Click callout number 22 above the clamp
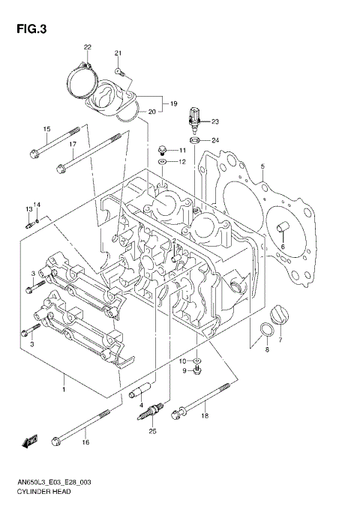coord(87,48)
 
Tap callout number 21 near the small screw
coord(118,52)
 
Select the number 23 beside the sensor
coord(214,121)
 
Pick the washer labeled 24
coord(194,140)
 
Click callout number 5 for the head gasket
coord(262,166)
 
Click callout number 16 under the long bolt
coord(85,443)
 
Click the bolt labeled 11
coord(163,150)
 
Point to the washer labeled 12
coord(162,162)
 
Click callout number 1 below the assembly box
coord(64,388)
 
